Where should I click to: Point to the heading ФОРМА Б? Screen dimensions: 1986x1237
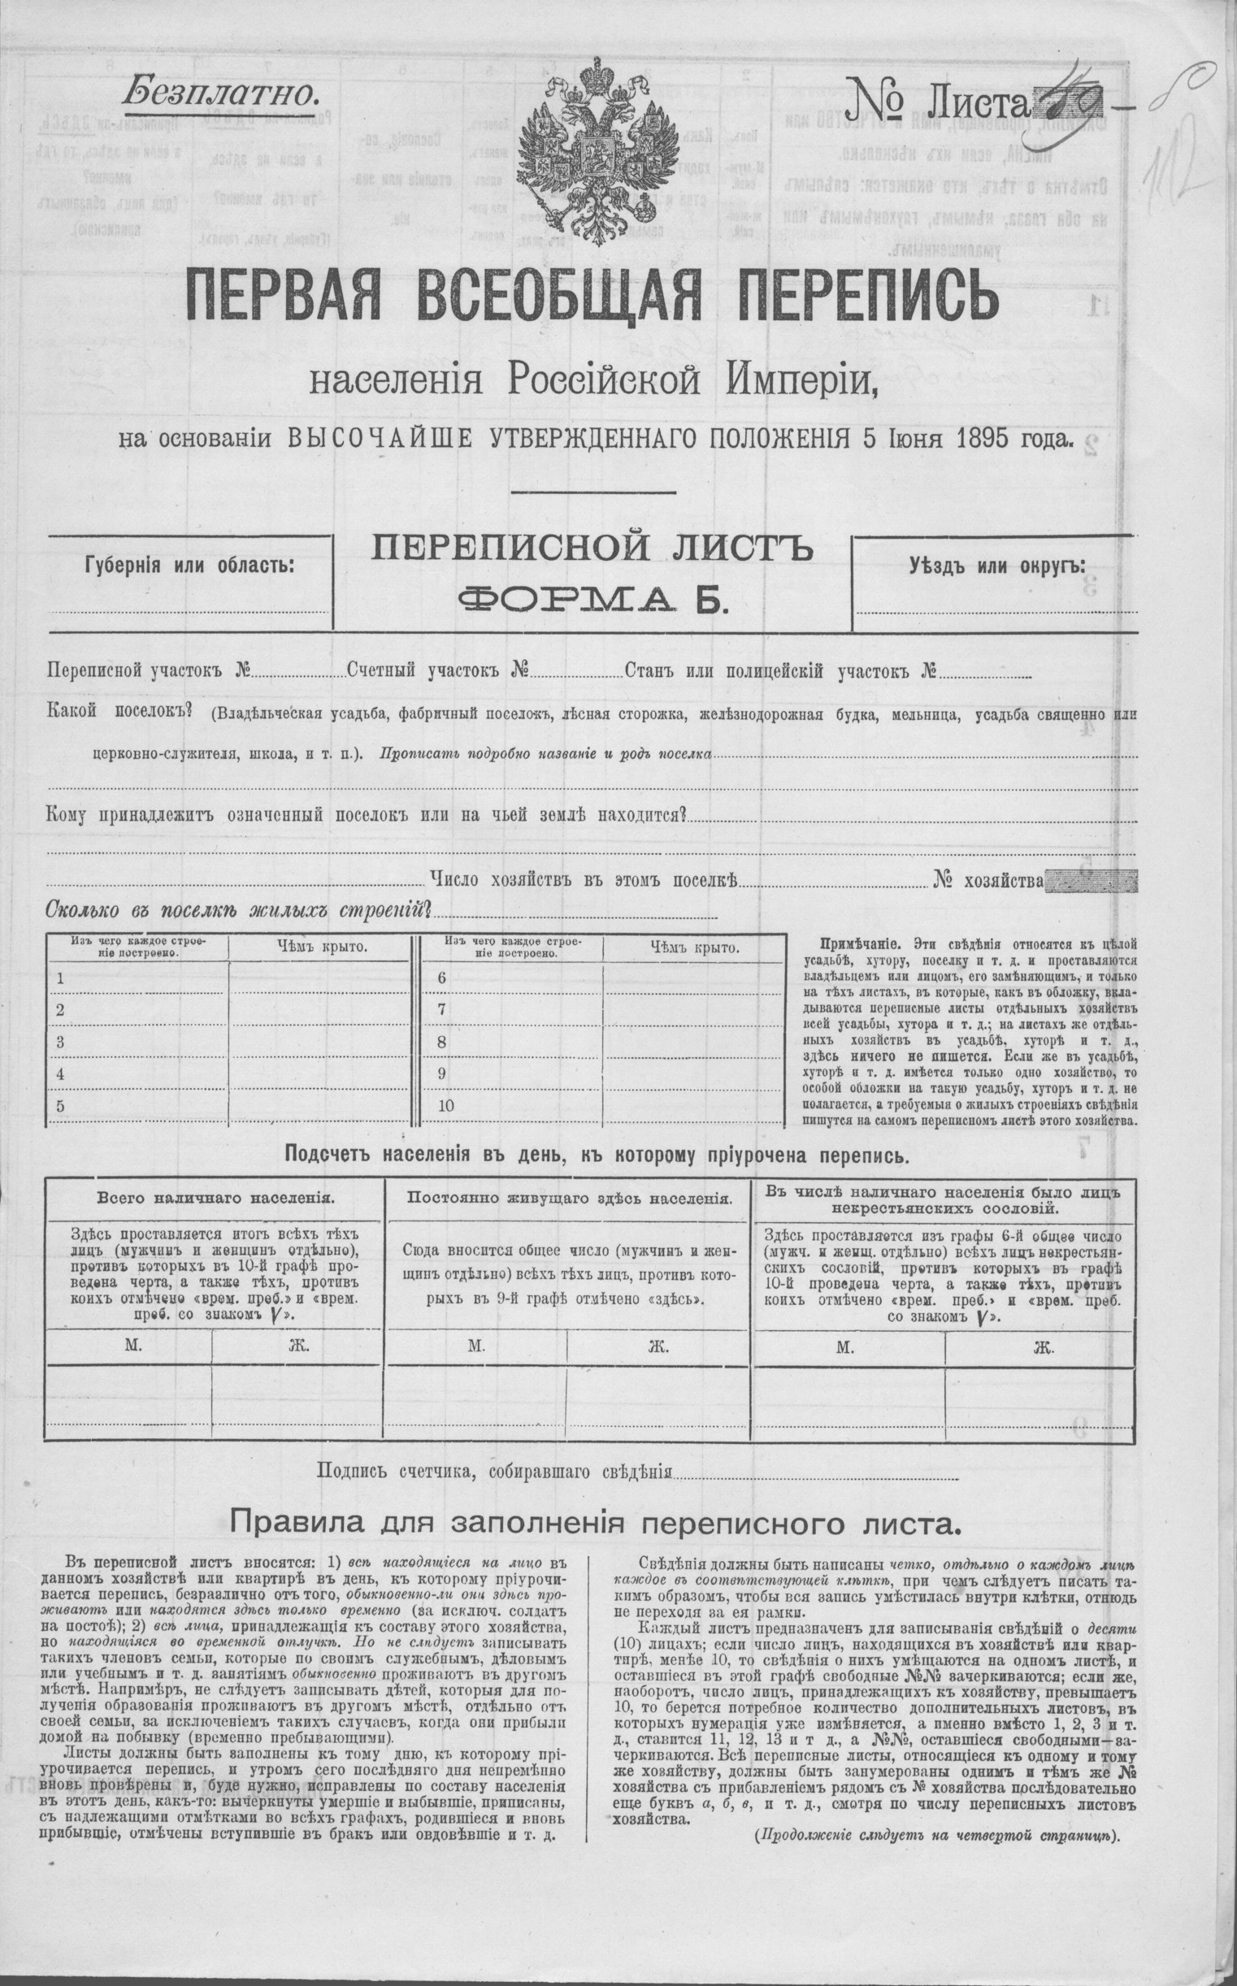click(x=593, y=601)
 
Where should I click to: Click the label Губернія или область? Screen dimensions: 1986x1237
click(x=189, y=566)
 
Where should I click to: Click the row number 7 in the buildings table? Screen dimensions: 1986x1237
click(x=442, y=1009)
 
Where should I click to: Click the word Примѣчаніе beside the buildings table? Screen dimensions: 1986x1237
click(x=855, y=944)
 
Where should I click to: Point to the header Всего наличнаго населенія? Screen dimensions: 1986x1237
click(x=215, y=1198)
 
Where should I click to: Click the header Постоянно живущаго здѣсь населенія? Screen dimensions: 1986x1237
click(x=569, y=1198)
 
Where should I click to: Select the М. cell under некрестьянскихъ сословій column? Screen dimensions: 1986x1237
click(x=846, y=1347)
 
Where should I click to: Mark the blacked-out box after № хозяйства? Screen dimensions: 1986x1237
click(x=1091, y=881)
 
